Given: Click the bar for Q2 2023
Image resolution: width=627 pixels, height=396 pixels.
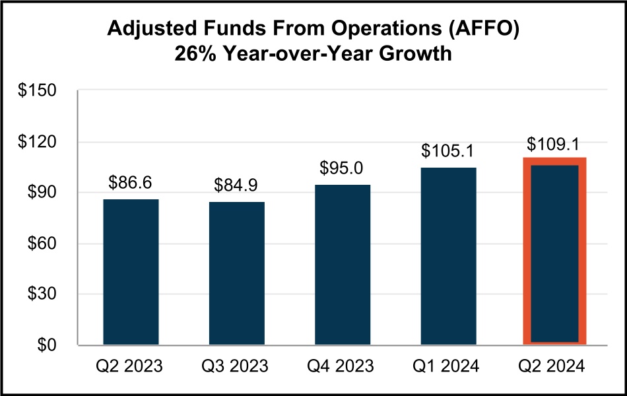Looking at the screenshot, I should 131,272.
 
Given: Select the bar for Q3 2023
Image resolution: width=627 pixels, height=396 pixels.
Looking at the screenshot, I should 236,273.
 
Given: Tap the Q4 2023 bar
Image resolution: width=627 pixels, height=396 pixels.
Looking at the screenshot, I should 343,265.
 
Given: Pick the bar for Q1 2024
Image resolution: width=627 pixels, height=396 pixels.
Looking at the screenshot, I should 448,256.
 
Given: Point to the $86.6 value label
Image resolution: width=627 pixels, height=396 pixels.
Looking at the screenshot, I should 131,182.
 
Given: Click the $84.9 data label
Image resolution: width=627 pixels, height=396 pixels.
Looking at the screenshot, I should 236,185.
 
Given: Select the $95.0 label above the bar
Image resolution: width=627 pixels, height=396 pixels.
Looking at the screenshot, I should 343,168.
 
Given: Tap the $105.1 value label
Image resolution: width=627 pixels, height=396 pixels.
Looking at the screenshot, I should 448,151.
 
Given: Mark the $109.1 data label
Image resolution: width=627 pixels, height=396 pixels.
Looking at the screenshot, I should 554,143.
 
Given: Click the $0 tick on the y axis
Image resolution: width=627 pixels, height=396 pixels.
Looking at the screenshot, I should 49,345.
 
